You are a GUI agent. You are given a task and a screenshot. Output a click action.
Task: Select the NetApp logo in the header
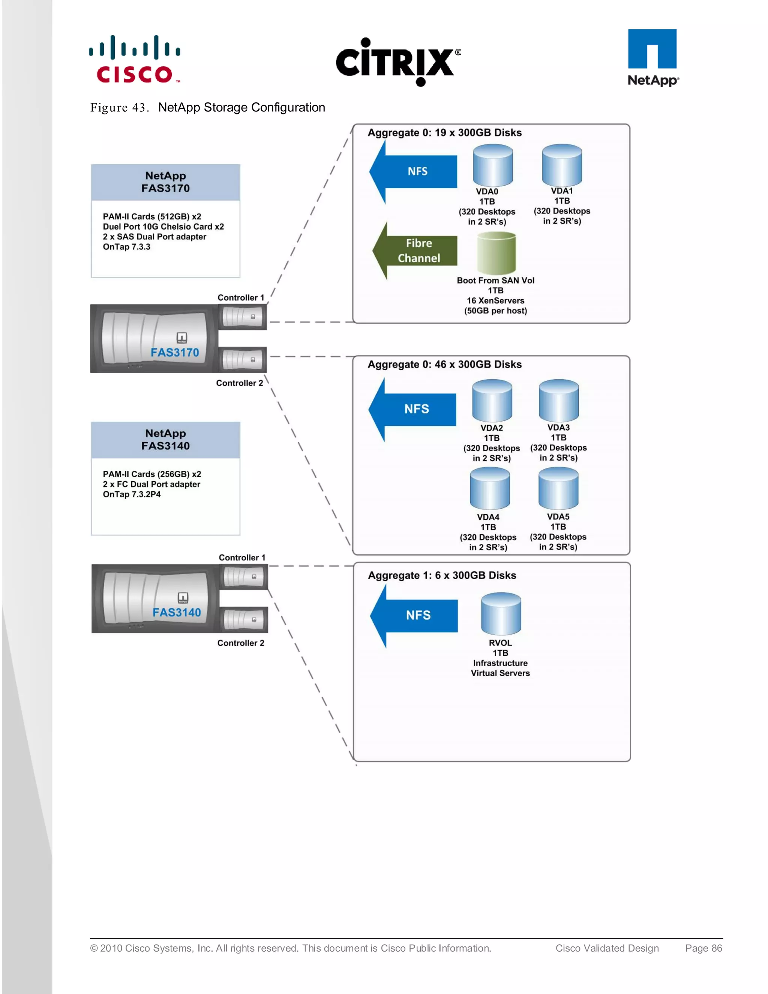pos(652,57)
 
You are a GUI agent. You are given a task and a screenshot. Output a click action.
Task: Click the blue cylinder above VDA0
pos(493,166)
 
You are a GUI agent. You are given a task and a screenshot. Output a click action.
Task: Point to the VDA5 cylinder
pos(558,489)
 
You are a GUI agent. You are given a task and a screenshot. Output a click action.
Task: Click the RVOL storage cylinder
pos(501,614)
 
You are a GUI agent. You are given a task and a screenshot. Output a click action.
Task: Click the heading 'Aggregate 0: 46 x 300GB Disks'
pos(444,365)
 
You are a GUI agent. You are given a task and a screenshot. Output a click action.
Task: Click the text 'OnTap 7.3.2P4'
pos(132,494)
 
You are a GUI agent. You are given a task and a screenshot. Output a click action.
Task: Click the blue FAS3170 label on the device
pos(175,352)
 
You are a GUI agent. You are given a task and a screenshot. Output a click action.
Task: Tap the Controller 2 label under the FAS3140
pos(241,643)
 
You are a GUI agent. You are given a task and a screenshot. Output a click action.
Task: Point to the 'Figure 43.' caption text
pos(120,108)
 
